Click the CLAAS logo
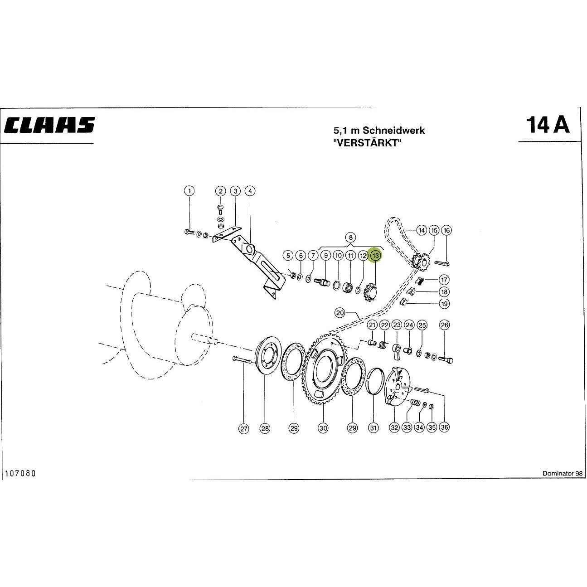49,125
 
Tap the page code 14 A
548,125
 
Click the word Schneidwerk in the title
393,131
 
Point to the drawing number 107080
21,473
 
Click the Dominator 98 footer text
563,473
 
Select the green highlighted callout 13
375,255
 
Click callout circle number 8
351,238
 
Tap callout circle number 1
189,191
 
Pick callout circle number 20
340,313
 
